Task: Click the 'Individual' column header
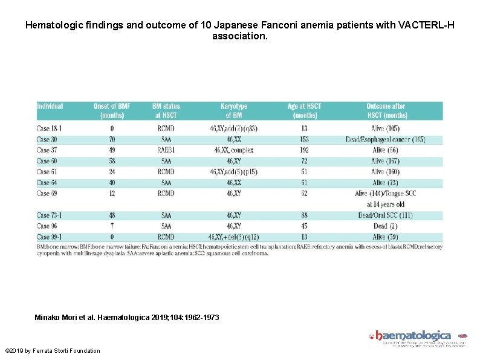click(x=50, y=106)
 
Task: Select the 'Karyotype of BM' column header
click(x=233, y=111)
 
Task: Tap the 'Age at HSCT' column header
click(x=304, y=111)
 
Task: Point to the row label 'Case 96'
click(x=47, y=226)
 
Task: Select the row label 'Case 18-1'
click(x=50, y=128)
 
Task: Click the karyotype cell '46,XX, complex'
click(x=233, y=150)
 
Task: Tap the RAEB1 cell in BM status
click(x=166, y=150)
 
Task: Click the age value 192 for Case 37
click(x=304, y=150)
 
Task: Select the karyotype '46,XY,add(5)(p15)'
click(x=233, y=172)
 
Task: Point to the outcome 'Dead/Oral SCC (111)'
click(x=386, y=215)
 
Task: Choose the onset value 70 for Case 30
click(x=113, y=139)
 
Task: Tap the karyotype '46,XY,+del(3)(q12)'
click(x=233, y=237)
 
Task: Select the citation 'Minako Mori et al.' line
click(x=127, y=317)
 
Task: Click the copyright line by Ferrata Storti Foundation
click(x=53, y=351)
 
